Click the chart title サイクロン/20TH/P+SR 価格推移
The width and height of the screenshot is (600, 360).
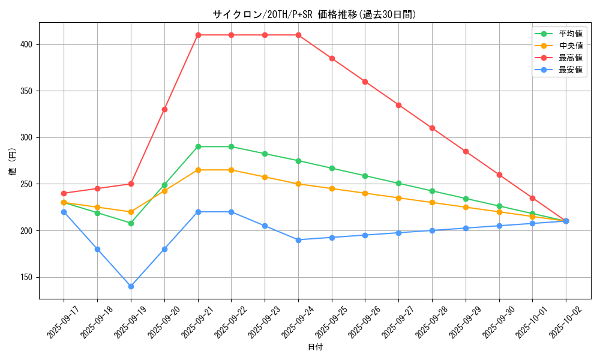(314, 14)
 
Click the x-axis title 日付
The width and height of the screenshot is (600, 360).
(315, 347)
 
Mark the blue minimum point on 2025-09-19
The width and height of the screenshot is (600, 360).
(131, 286)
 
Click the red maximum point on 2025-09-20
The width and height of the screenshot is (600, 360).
(164, 109)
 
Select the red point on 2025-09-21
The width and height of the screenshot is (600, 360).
(198, 35)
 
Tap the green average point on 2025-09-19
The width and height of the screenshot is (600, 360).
(131, 223)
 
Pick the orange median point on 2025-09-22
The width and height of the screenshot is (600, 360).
(231, 170)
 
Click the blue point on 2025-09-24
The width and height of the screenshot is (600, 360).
(298, 240)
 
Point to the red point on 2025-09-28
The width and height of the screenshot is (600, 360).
(432, 128)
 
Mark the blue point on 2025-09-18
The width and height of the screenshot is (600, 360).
(97, 249)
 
